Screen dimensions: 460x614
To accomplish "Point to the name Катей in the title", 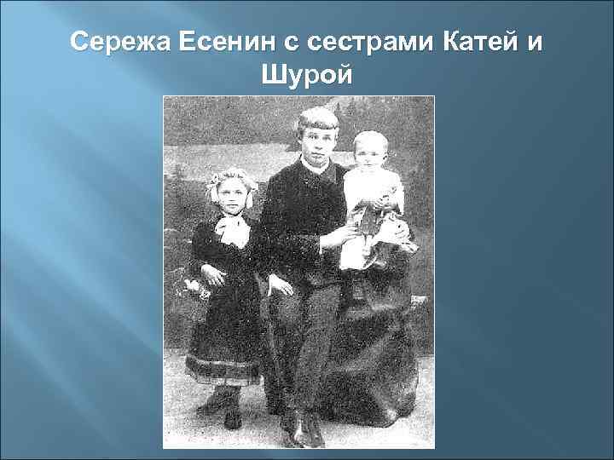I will (x=486, y=41).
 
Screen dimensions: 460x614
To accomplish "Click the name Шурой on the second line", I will (x=308, y=78).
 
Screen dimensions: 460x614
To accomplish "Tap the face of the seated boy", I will (x=317, y=141).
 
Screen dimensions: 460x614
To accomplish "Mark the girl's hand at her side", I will (x=211, y=274).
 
